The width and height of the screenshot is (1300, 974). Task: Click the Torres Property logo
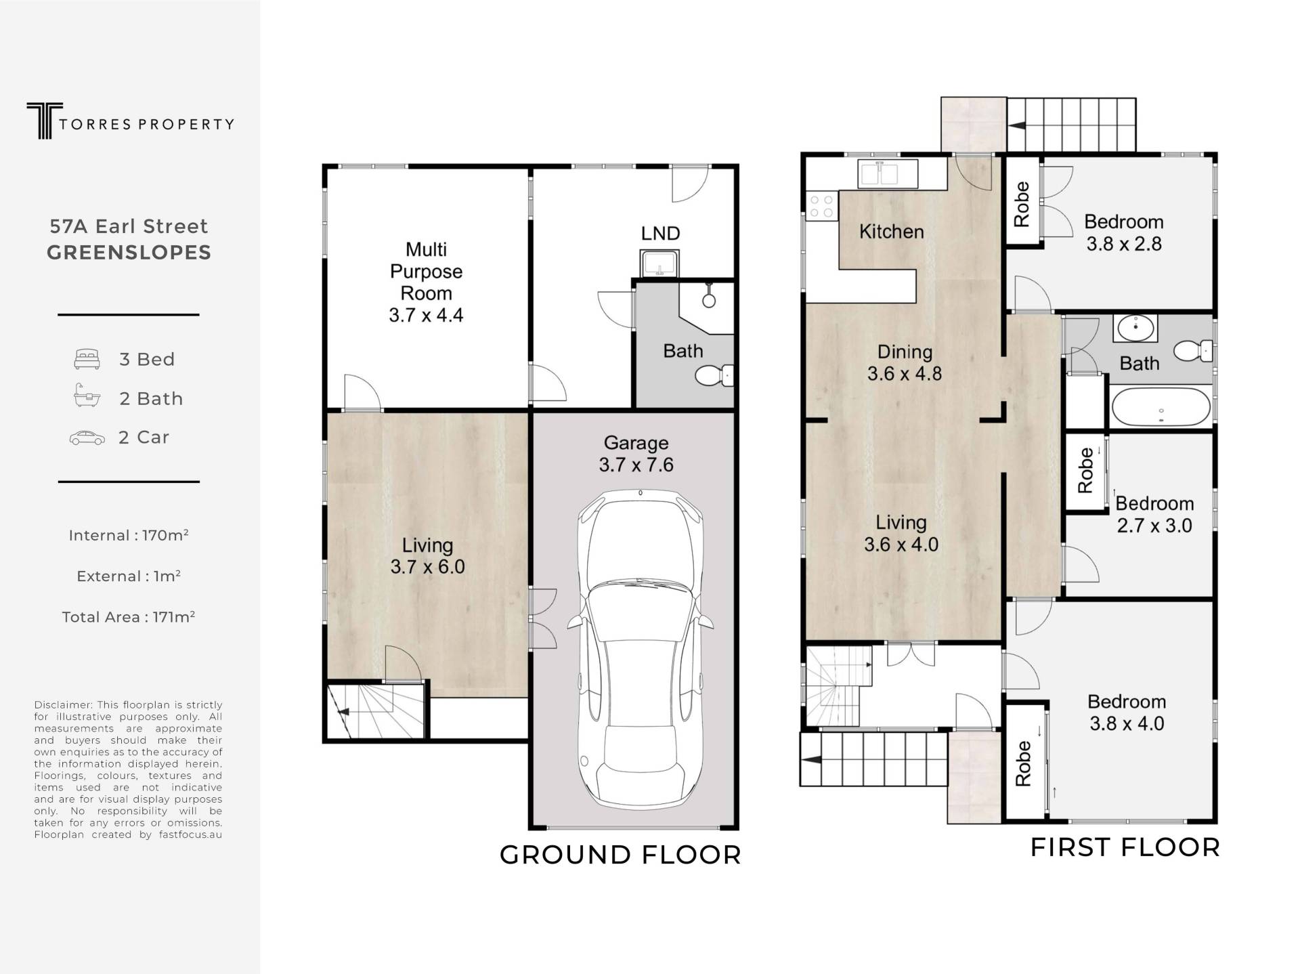130,121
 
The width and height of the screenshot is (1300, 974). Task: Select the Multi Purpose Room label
427,282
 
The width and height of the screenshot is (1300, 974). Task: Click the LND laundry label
660,234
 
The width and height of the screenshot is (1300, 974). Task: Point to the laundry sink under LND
659,264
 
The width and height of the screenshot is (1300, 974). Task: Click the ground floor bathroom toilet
714,375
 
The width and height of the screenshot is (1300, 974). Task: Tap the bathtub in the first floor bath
1161,406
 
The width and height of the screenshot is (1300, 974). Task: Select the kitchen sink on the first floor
888,173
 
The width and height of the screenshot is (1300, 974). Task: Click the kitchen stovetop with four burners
822,206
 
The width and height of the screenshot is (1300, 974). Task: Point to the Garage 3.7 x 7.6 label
636,454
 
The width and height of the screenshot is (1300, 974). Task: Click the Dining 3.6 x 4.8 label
905,362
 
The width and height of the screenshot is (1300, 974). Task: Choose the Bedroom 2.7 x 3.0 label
1154,514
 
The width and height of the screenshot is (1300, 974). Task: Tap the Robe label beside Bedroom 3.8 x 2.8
1022,204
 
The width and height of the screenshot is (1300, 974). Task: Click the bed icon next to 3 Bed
87,359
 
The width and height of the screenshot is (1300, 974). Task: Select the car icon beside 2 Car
87,438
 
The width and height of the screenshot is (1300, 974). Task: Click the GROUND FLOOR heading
620,855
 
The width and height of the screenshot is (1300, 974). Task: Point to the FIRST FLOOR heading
1125,847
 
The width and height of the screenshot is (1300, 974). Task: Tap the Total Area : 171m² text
129,617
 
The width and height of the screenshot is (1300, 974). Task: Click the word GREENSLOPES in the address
129,253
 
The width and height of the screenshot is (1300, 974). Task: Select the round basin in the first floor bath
1135,329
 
